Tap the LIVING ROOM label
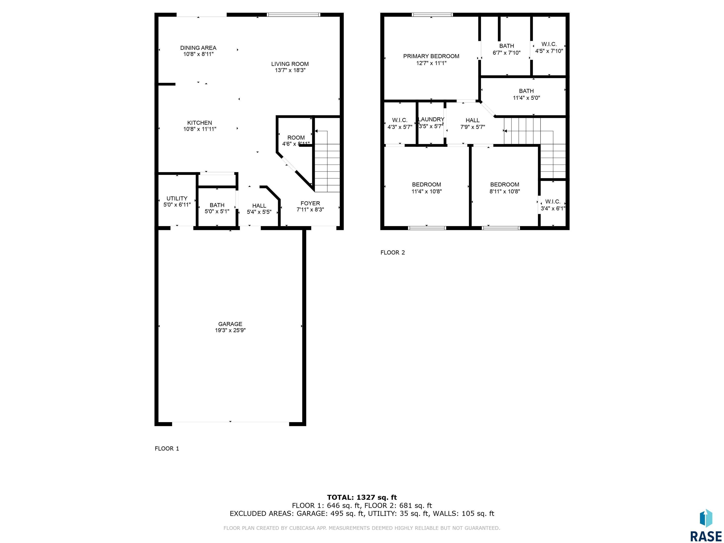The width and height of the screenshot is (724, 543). pyautogui.click(x=290, y=64)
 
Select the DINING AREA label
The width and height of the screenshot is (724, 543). pyautogui.click(x=198, y=48)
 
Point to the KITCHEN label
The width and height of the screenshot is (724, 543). pyautogui.click(x=200, y=123)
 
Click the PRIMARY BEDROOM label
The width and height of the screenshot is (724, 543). pyautogui.click(x=431, y=56)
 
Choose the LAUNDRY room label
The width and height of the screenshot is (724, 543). pyautogui.click(x=431, y=119)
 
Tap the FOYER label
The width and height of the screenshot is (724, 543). pyautogui.click(x=310, y=203)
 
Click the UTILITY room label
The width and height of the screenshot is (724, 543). pyautogui.click(x=177, y=198)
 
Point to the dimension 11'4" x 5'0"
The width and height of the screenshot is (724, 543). pyautogui.click(x=526, y=98)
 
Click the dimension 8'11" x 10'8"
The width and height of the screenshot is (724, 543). pyautogui.click(x=505, y=191)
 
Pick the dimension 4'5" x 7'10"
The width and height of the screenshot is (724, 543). pyautogui.click(x=549, y=51)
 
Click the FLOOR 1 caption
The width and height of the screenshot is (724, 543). pyautogui.click(x=167, y=448)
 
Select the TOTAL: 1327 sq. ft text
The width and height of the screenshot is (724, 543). pyautogui.click(x=362, y=498)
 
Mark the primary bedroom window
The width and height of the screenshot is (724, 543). pyautogui.click(x=432, y=15)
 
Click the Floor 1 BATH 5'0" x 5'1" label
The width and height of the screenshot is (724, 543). pyautogui.click(x=217, y=208)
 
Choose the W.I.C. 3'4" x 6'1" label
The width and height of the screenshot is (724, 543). pyautogui.click(x=553, y=205)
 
